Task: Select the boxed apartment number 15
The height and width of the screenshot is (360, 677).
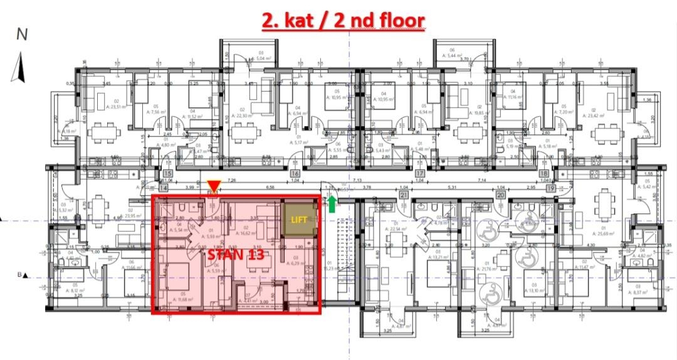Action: pos(167,174)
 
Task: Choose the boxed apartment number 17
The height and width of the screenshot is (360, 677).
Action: pos(421,174)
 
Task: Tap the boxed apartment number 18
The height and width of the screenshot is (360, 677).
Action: pos(544,174)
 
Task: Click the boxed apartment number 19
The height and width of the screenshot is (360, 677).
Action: pos(551,186)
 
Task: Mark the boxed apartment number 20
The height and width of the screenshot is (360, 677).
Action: pos(500,195)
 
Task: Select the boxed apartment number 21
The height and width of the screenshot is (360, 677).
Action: pos(404,195)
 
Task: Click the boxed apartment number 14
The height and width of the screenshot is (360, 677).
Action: pos(164,186)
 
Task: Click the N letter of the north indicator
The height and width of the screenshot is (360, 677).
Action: pos(22,35)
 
